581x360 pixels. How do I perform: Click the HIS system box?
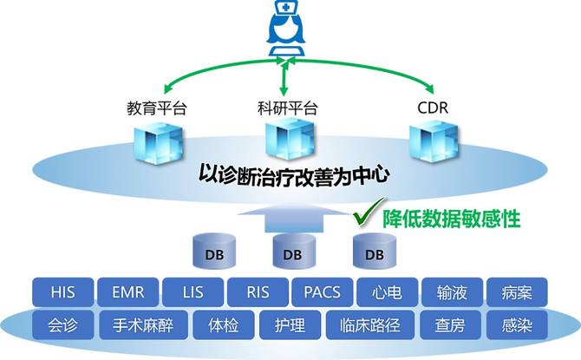(x=63, y=292)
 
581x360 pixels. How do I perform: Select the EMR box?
(x=128, y=292)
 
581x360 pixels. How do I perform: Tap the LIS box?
(x=193, y=292)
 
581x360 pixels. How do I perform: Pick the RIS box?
(x=258, y=292)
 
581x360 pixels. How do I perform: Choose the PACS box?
(x=323, y=292)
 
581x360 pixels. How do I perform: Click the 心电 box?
(x=388, y=292)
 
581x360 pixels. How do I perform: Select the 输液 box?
(x=452, y=292)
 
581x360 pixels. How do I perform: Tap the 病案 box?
(x=517, y=292)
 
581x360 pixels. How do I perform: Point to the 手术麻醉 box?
(x=143, y=325)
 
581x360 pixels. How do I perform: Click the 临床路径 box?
(x=370, y=325)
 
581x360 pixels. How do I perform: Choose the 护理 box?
(x=290, y=325)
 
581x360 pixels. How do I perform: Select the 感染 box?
(x=517, y=325)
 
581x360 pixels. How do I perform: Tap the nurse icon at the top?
(x=286, y=28)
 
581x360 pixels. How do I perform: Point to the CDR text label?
(x=433, y=108)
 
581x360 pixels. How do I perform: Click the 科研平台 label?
(x=288, y=108)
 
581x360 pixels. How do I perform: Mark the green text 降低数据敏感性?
(x=452, y=219)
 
